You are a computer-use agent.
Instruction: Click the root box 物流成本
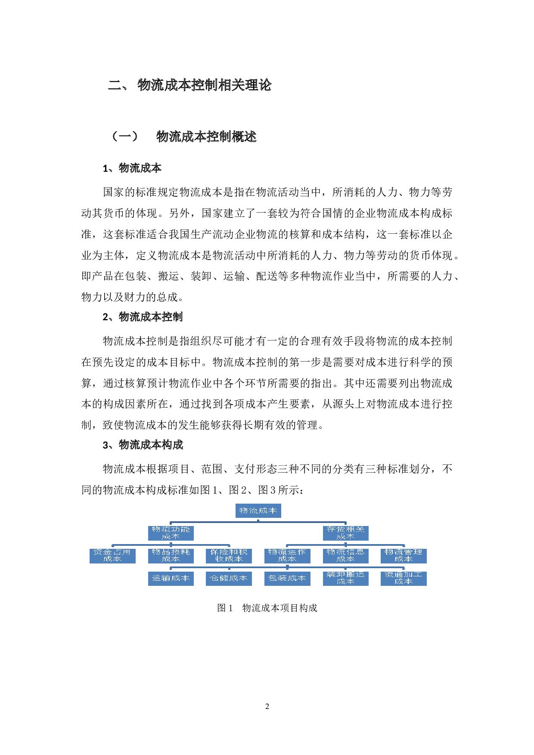click(258, 511)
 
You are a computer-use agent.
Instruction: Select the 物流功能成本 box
click(171, 533)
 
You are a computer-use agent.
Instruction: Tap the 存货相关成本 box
click(345, 533)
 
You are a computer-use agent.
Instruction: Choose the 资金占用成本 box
click(112, 556)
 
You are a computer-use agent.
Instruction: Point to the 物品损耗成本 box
click(171, 556)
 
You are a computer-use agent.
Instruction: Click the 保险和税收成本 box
click(229, 556)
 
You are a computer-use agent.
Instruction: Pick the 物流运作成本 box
click(287, 556)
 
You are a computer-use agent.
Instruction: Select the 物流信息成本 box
click(345, 556)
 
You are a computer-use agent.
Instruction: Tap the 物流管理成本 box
click(404, 556)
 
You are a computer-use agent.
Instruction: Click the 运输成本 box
click(171, 579)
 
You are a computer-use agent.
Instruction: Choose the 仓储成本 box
click(229, 579)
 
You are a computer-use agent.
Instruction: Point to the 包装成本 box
click(287, 579)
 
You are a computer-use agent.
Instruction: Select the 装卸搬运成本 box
click(345, 579)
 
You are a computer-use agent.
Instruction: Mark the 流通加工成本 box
click(404, 579)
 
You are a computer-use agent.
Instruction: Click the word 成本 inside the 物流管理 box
click(404, 559)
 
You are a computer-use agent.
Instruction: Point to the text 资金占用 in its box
click(112, 552)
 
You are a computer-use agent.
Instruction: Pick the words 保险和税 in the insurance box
click(229, 552)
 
